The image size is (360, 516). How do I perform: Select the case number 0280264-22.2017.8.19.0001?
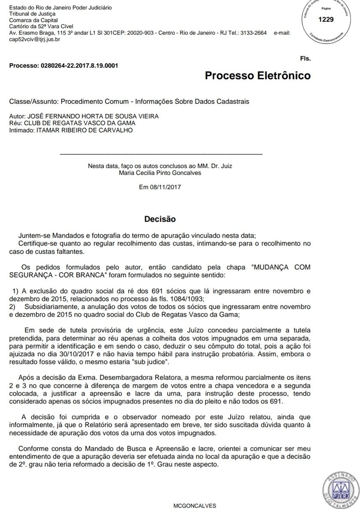[x=79, y=66]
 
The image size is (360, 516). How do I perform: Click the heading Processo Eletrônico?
[x=257, y=76]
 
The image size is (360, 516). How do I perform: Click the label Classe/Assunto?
[x=34, y=101]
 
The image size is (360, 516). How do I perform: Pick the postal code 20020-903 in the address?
[x=141, y=33]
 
